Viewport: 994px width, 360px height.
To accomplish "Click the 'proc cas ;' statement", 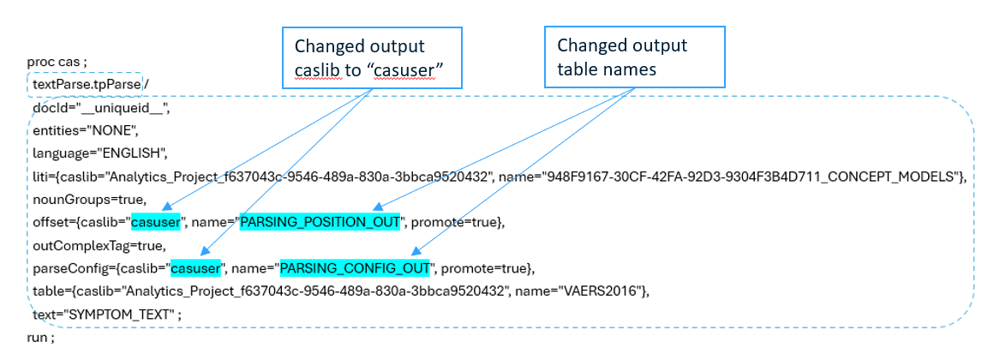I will click(x=57, y=63).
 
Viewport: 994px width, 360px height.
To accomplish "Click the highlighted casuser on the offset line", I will click(x=156, y=223).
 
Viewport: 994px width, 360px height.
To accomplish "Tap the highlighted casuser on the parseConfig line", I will click(x=195, y=269).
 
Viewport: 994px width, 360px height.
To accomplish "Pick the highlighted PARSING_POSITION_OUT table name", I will click(x=320, y=223).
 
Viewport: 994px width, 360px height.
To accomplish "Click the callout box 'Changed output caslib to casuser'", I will click(x=372, y=57).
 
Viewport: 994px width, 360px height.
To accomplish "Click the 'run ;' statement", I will click(x=40, y=339).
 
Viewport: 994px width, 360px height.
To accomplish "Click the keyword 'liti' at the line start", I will click(x=39, y=177).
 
